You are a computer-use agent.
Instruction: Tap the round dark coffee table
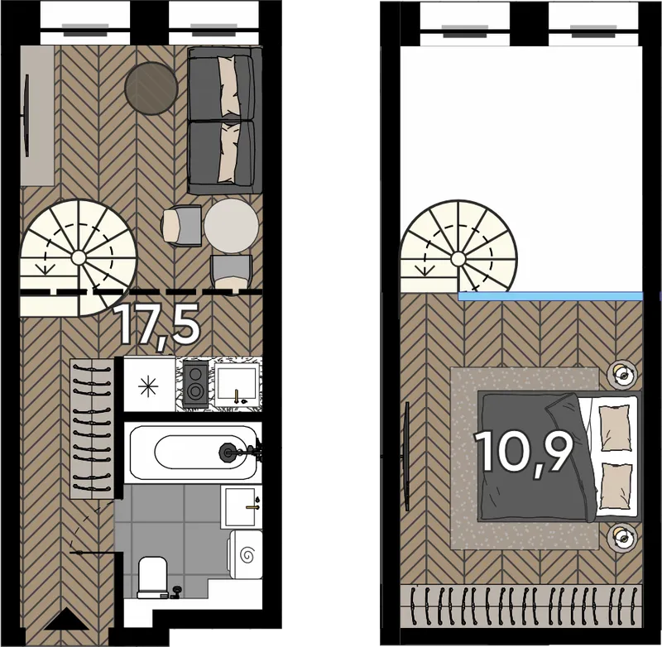(151, 89)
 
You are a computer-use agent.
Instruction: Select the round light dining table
(232, 226)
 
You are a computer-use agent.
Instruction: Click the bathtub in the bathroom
(193, 453)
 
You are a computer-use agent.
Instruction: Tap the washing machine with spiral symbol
(245, 554)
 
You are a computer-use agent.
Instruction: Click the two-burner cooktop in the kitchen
(196, 383)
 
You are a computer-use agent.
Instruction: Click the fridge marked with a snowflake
(150, 385)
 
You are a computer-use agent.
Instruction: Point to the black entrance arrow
(63, 619)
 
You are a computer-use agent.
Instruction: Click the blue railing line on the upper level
(550, 296)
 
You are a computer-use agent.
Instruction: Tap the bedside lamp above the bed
(621, 372)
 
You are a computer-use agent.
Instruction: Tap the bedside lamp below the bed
(621, 536)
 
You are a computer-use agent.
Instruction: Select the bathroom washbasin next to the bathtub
(240, 507)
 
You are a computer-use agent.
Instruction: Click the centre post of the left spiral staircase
(78, 256)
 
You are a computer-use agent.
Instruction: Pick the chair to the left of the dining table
(181, 225)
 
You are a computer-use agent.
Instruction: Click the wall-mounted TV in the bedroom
(407, 456)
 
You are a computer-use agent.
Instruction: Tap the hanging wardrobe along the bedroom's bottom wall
(521, 607)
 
